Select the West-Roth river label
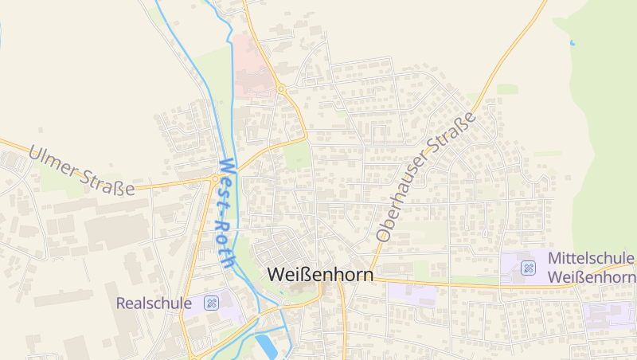225,212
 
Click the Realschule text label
154,303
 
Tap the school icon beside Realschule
211,303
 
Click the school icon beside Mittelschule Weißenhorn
527,268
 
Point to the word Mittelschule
592,259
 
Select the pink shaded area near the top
253,66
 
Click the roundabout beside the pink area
282,89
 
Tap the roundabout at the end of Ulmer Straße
215,180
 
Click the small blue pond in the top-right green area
572,41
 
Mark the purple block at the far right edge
609,315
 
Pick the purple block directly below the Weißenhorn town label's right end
412,292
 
